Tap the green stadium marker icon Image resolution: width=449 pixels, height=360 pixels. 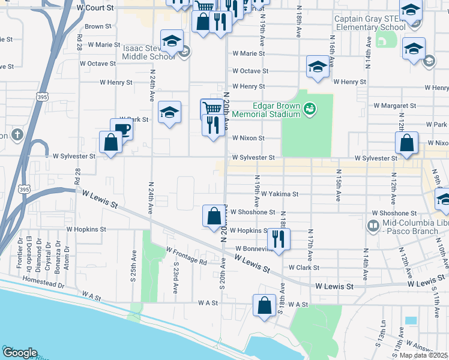point(310,109)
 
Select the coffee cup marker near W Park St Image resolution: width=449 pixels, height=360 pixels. point(121,129)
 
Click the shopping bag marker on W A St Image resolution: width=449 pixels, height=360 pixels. point(264,305)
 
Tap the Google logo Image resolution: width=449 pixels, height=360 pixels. point(20,353)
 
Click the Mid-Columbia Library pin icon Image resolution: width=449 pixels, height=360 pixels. point(372,226)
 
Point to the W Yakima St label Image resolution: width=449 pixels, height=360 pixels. point(280,194)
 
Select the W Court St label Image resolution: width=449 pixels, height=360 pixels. point(95,8)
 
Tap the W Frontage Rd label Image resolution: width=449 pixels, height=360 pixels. point(187,256)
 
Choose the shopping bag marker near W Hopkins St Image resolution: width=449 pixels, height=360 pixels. point(214,217)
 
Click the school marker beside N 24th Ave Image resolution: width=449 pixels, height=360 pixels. point(170,112)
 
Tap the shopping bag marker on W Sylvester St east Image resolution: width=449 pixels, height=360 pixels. point(406,143)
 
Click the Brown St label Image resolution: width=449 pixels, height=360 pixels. point(98,26)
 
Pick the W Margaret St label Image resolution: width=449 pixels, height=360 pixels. point(394,106)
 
